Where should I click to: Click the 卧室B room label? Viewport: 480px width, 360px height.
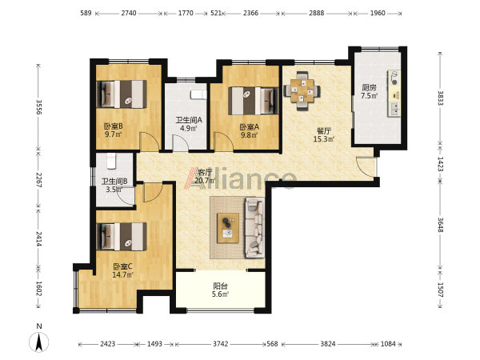tap(114, 126)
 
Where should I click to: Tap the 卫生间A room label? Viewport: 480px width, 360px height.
tap(189, 120)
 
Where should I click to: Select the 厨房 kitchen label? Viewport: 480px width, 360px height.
tap(369, 87)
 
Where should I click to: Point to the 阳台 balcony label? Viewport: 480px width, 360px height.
tap(221, 286)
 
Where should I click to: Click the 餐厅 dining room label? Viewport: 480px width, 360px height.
tap(323, 131)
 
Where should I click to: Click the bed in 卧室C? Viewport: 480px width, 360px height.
tap(122, 237)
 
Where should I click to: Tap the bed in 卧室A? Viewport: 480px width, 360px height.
tap(254, 101)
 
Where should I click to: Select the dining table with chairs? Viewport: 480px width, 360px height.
tap(302, 90)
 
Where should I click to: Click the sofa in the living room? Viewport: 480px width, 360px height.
tap(254, 227)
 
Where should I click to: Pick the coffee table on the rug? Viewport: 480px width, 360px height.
tap(228, 228)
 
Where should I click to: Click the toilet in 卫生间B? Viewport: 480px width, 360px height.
tap(111, 162)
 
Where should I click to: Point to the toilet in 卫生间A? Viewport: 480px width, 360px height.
tap(198, 94)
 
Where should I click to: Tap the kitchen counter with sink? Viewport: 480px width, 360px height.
tap(394, 94)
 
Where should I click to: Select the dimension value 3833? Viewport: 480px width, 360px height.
tap(440, 98)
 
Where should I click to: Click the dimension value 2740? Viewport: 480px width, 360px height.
tap(129, 13)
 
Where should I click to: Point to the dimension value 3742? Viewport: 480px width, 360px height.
tap(221, 344)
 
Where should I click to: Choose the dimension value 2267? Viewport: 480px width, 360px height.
tap(38, 180)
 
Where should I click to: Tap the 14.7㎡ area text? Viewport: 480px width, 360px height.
tap(122, 274)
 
